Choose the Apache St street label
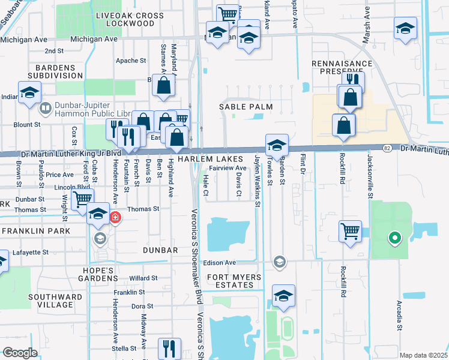pyautogui.click(x=131, y=61)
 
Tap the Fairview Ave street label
pyautogui.click(x=228, y=169)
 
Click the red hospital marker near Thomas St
pyautogui.click(x=115, y=217)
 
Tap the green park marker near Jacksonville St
pyautogui.click(x=394, y=239)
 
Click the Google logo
pyautogui.click(x=20, y=353)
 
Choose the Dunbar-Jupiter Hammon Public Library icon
pyautogui.click(x=45, y=109)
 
